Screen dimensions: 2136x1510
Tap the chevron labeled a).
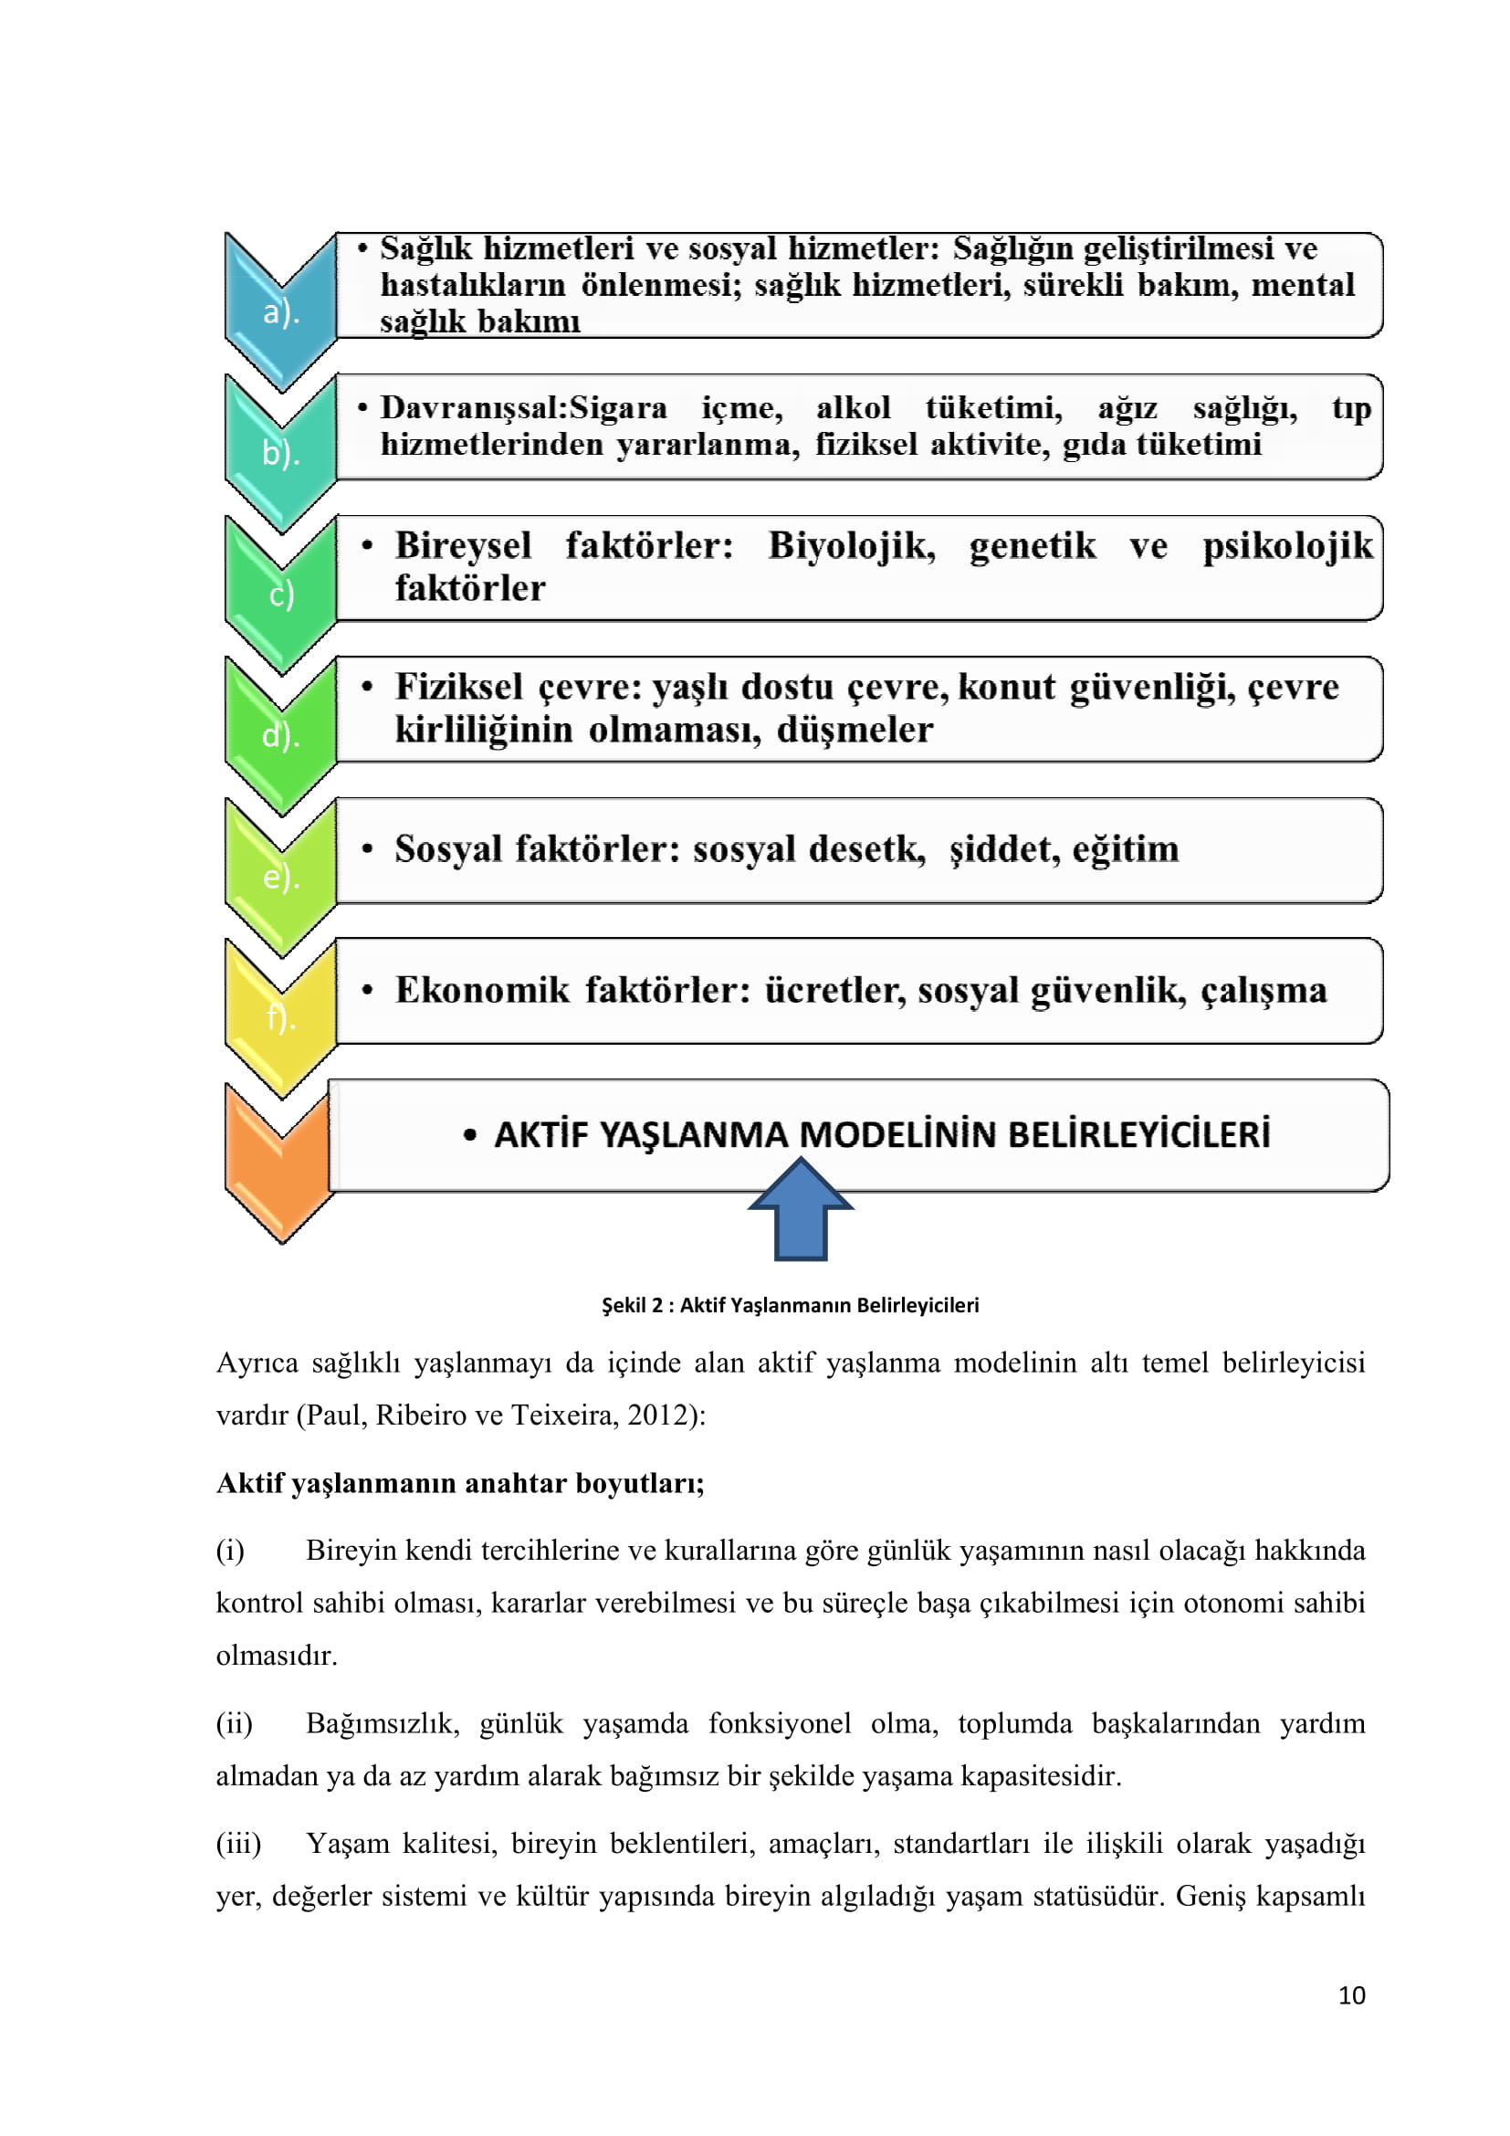[x=281, y=312]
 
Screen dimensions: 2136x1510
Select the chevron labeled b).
[x=281, y=453]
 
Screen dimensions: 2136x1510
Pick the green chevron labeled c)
[x=281, y=595]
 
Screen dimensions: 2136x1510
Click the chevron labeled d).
[x=281, y=736]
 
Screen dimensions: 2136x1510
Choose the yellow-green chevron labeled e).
[x=281, y=878]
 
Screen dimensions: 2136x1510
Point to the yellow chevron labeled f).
[x=281, y=1017]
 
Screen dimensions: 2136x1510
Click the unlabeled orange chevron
[x=279, y=1163]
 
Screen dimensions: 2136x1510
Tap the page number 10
[x=1351, y=1994]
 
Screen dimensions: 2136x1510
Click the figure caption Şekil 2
[x=790, y=1304]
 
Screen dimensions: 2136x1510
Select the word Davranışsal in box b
[x=473, y=408]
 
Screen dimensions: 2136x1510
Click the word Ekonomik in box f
[x=482, y=991]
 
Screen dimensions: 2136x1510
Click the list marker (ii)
[x=235, y=1723]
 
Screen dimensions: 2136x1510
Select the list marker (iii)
[x=238, y=1843]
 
